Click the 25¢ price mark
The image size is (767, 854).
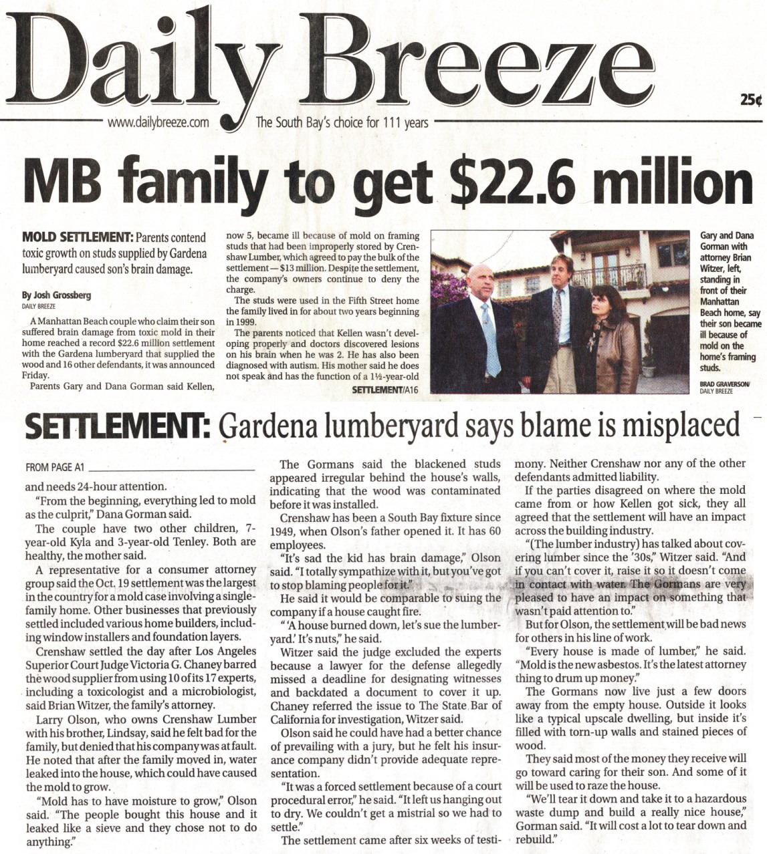751,100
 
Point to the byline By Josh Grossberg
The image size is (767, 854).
57,295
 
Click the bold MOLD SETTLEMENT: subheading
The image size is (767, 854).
78,237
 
